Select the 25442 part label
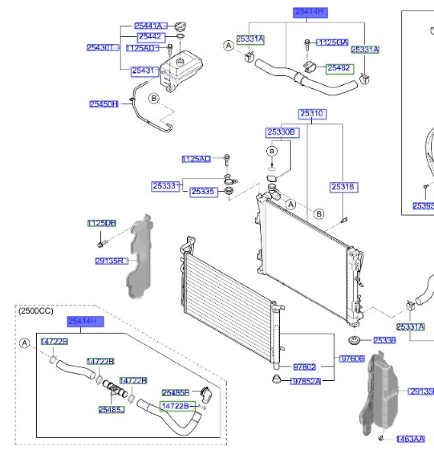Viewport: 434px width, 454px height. click(x=150, y=37)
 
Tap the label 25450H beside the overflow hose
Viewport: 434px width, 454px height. click(x=104, y=104)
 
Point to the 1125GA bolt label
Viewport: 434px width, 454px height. click(x=332, y=43)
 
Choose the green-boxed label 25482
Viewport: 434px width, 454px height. click(x=339, y=68)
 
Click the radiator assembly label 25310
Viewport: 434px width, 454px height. click(x=312, y=113)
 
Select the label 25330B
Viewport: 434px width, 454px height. click(x=281, y=132)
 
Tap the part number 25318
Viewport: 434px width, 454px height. click(x=344, y=186)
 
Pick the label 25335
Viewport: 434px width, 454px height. click(x=202, y=192)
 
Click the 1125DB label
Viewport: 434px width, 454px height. click(x=102, y=223)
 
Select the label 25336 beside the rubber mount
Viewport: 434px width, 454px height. click(x=384, y=340)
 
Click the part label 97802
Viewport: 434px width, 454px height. click(x=305, y=366)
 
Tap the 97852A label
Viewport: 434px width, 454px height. click(x=305, y=381)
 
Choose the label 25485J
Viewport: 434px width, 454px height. click(x=111, y=409)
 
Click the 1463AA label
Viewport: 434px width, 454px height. click(x=410, y=439)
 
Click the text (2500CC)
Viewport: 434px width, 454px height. click(x=36, y=311)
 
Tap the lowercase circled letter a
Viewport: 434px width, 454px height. click(x=272, y=150)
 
